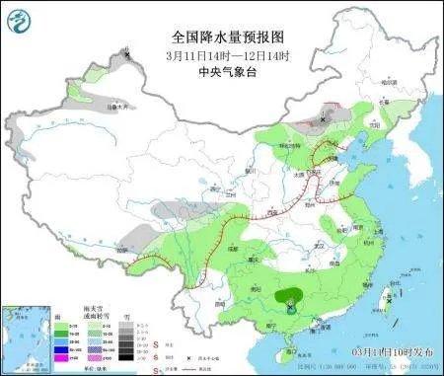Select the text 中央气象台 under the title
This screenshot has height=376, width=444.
pyautogui.click(x=223, y=73)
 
